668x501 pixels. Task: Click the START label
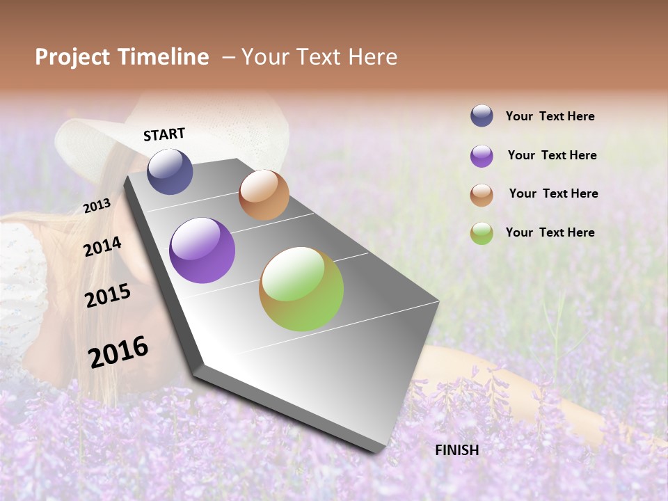click(x=164, y=134)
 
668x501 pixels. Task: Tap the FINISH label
click(x=456, y=450)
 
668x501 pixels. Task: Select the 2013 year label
click(x=97, y=205)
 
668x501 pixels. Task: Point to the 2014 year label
click(x=102, y=246)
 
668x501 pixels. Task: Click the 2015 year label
click(x=107, y=296)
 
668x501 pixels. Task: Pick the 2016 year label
click(x=118, y=351)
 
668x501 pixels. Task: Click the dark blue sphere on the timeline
click(x=170, y=171)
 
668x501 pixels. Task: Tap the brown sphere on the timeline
click(x=264, y=195)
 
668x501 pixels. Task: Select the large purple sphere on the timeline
click(x=202, y=250)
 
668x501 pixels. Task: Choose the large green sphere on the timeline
click(x=301, y=289)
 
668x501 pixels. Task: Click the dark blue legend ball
click(x=482, y=116)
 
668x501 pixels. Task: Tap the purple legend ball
click(x=482, y=156)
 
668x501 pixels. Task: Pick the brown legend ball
click(x=482, y=195)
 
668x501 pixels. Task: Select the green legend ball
click(x=482, y=233)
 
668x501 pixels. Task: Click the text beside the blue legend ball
click(x=550, y=116)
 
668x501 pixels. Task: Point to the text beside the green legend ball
click(x=550, y=232)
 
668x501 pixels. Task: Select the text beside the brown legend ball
click(x=553, y=193)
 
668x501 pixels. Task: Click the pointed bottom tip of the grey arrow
click(x=379, y=451)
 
